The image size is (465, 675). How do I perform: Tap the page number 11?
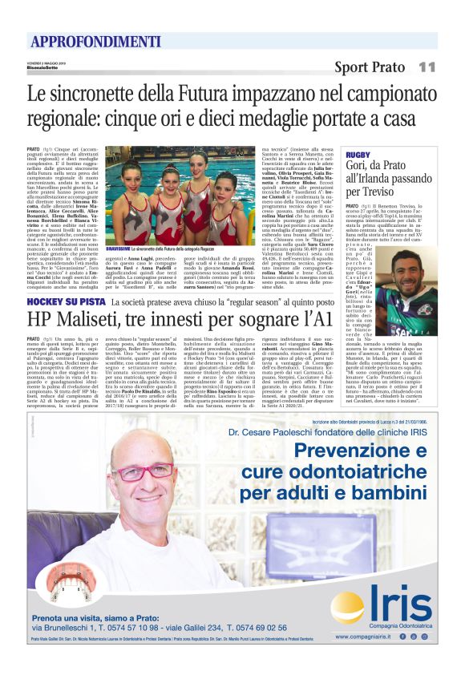point(427,67)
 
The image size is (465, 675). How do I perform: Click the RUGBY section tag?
point(358,154)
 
